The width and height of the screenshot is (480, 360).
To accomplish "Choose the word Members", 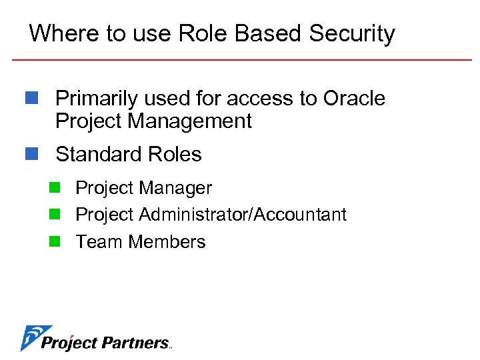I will click(167, 241).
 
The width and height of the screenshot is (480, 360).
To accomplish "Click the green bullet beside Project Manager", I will click(54, 188).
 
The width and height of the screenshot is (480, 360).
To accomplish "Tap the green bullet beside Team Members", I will click(54, 241).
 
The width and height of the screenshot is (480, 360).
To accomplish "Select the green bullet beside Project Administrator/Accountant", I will click(54, 215).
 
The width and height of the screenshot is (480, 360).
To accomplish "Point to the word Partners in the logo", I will click(137, 343).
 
